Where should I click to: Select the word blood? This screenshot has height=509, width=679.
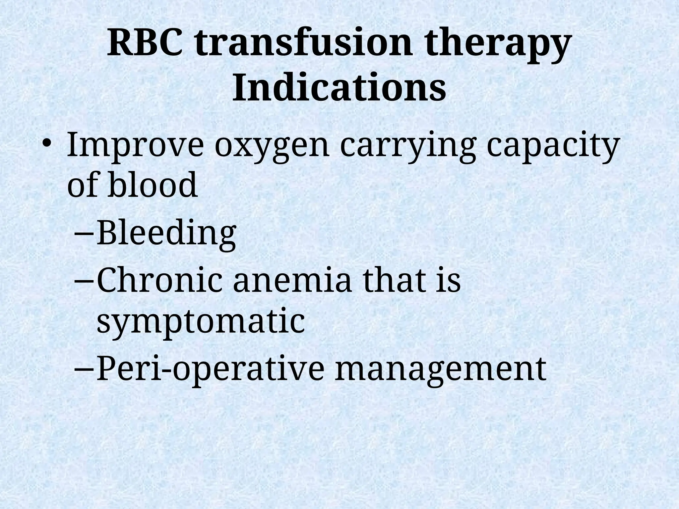coord(152,185)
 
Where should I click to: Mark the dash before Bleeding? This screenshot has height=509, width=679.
coord(84,235)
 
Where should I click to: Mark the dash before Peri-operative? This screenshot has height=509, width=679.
coord(84,369)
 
